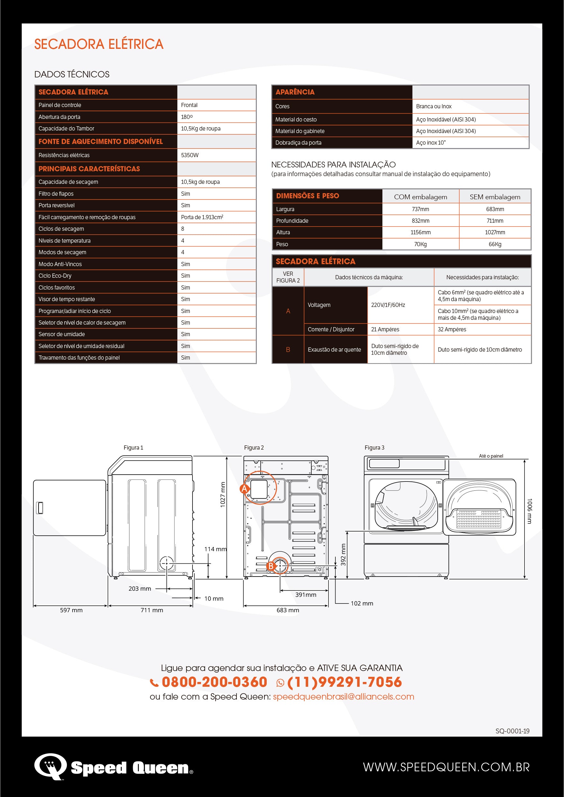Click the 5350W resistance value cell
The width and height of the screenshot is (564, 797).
pyautogui.click(x=190, y=155)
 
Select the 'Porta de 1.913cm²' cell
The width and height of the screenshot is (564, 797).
pyautogui.click(x=202, y=217)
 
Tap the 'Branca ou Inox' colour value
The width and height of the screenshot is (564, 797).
pyautogui.click(x=434, y=106)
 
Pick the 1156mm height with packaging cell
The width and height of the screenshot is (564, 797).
pyautogui.click(x=420, y=232)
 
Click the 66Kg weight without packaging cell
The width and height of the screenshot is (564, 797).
pyautogui.click(x=495, y=244)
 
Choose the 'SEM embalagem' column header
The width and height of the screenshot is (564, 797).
pyautogui.click(x=495, y=197)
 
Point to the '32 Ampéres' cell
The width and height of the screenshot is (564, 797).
pyautogui.click(x=452, y=329)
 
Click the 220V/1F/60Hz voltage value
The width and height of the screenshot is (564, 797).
pyautogui.click(x=388, y=305)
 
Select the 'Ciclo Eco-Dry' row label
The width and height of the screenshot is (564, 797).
pyautogui.click(x=55, y=276)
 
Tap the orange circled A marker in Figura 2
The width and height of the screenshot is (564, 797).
pyautogui.click(x=245, y=489)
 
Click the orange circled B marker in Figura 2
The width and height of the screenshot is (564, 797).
pyautogui.click(x=271, y=566)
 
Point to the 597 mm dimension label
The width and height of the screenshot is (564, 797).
pyautogui.click(x=71, y=610)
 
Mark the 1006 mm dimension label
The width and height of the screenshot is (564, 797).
pyautogui.click(x=529, y=511)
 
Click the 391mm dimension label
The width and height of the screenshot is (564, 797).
pyautogui.click(x=306, y=595)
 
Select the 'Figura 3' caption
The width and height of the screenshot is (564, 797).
pyautogui.click(x=374, y=448)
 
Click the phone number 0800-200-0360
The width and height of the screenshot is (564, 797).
pyautogui.click(x=214, y=682)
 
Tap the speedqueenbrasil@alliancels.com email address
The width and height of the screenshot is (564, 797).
pyautogui.click(x=343, y=697)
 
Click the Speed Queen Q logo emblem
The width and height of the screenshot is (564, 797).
pyautogui.click(x=50, y=766)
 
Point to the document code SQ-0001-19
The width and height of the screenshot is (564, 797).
pyautogui.click(x=512, y=731)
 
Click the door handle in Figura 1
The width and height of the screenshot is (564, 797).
pyautogui.click(x=40, y=508)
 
